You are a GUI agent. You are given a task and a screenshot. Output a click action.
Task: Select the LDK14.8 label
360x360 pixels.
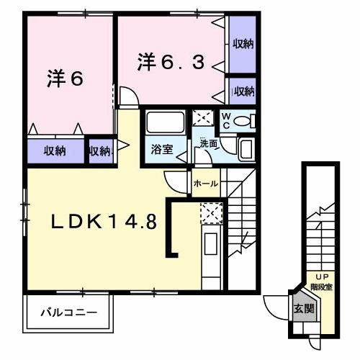[x=102, y=222]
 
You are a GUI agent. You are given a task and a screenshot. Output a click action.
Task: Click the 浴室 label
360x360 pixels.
[x=162, y=150]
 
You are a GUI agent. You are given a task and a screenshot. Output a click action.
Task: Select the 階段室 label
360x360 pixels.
[x=321, y=286]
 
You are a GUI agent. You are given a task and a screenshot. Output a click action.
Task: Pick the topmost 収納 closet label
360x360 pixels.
[x=243, y=45]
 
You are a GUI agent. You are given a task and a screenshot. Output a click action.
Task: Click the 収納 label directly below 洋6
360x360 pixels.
[x=55, y=151]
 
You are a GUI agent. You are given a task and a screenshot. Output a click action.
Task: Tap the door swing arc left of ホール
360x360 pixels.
[x=175, y=181]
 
